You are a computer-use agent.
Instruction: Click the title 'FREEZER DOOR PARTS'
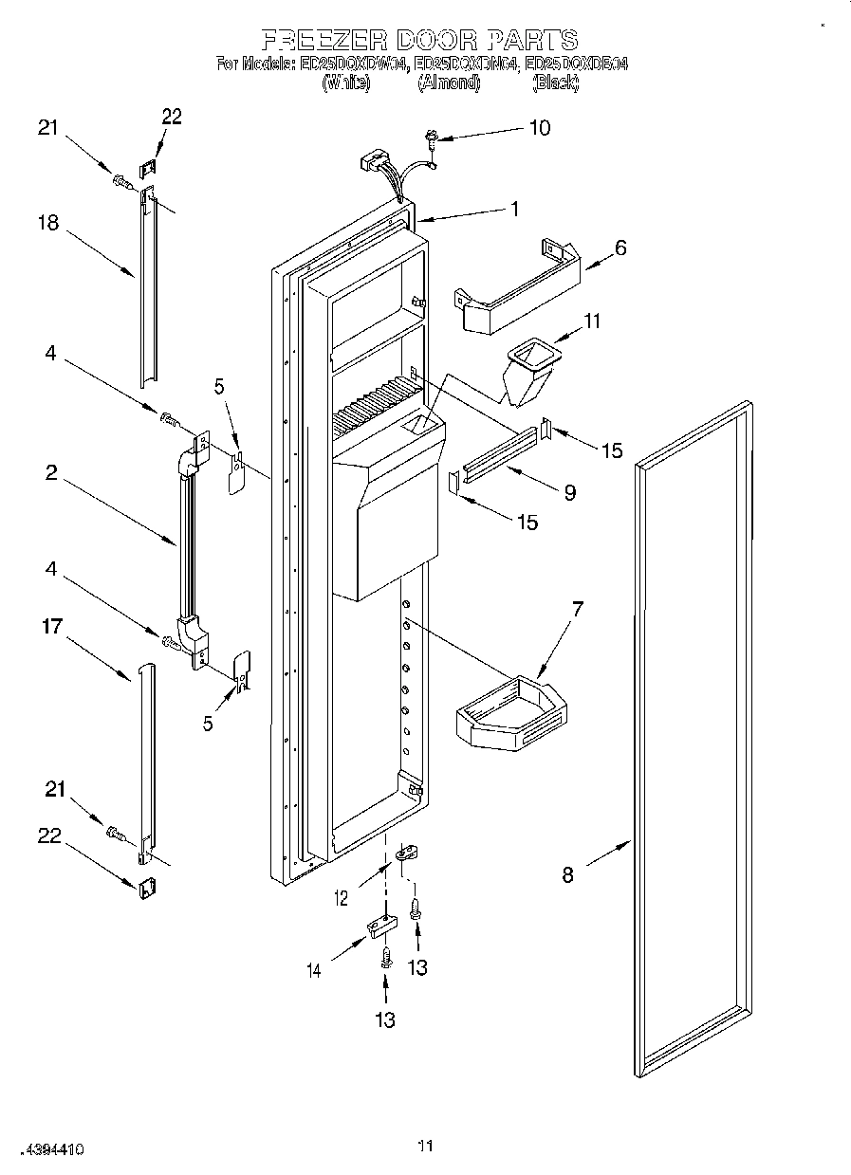(x=419, y=40)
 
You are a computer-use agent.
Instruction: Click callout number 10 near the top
(x=539, y=127)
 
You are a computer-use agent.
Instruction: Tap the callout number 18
(x=48, y=224)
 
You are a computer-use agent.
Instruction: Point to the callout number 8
(x=567, y=875)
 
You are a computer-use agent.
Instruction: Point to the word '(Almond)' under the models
(x=450, y=83)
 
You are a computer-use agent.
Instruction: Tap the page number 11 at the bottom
(x=425, y=1146)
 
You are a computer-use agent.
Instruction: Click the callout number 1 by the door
(x=516, y=210)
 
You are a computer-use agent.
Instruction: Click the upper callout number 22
(x=172, y=116)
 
